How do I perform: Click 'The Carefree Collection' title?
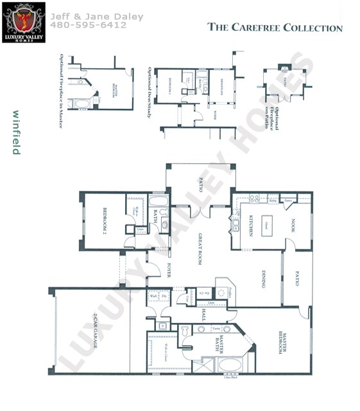coord(275,28)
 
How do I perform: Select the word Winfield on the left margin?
coord(14,132)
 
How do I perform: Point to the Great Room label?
coord(200,249)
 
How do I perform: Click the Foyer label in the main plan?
coord(169,270)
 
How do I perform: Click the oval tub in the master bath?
coord(230,365)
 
